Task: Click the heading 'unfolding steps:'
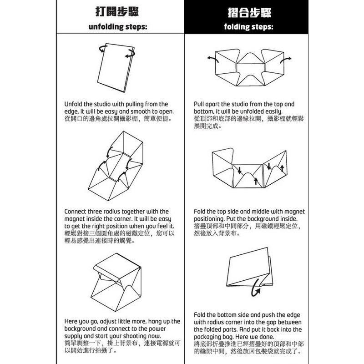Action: [x=118, y=26]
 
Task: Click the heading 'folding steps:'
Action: [x=248, y=26]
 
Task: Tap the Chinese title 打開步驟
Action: [x=118, y=11]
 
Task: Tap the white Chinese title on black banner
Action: [x=248, y=11]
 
